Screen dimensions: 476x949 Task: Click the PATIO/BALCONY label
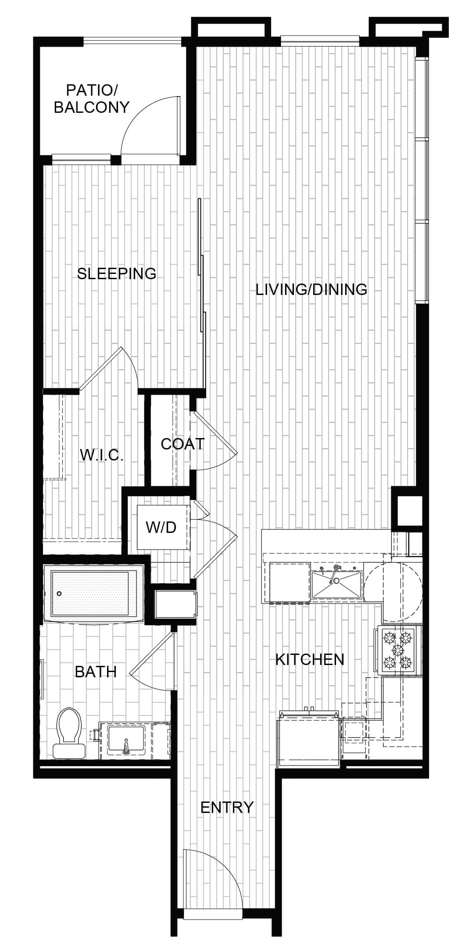(92, 99)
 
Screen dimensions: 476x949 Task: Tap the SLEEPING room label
(117, 273)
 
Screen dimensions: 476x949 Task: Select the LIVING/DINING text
(311, 289)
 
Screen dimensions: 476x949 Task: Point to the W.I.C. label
(102, 455)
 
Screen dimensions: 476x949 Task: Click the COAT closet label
(183, 444)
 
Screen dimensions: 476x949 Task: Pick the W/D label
(161, 527)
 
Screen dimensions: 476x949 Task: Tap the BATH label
(96, 672)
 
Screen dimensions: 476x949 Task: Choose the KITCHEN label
(310, 659)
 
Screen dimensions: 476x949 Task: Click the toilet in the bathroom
(69, 733)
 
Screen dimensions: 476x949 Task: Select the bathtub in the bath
(94, 593)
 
